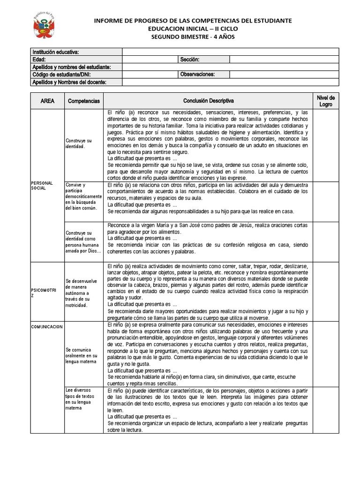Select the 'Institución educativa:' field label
55,52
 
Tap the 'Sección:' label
190,60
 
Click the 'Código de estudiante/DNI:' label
61,75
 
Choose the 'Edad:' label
39,60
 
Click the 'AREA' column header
47,101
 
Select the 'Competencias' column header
84,101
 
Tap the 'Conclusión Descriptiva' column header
208,101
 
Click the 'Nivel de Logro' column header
325,101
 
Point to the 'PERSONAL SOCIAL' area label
42,185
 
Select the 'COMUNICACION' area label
47,327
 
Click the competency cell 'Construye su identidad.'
79,143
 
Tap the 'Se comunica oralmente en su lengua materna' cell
82,356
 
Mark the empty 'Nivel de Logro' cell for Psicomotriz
325,292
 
